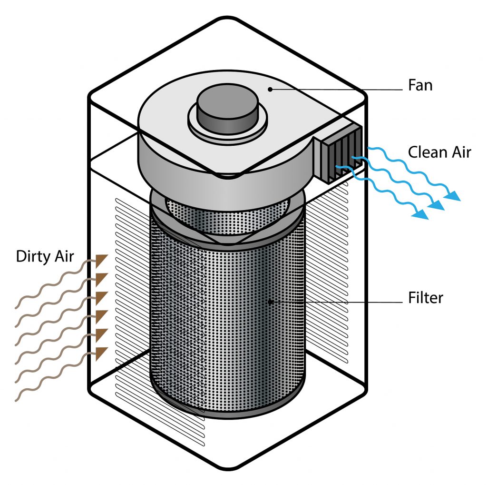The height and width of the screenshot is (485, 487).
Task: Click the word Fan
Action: coord(420,86)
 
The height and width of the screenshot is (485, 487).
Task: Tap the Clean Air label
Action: coord(439,152)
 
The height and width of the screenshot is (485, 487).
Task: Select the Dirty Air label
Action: coord(45,256)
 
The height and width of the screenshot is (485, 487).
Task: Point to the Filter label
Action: coord(426,298)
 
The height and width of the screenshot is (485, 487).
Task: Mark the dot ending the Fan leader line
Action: coord(270,89)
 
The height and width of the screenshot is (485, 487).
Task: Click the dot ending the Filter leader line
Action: coord(270,301)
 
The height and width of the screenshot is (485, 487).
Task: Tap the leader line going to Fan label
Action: coord(333,89)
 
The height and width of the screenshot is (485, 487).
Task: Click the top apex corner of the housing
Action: coord(227,19)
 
